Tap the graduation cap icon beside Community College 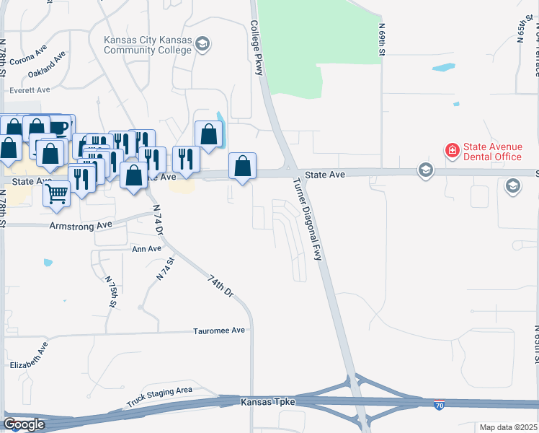202,45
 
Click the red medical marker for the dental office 452,150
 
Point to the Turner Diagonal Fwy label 307,219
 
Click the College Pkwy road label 257,48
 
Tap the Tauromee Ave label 219,331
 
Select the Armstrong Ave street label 81,226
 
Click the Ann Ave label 146,249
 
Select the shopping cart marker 57,193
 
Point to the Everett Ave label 30,90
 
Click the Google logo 24,424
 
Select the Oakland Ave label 48,64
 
